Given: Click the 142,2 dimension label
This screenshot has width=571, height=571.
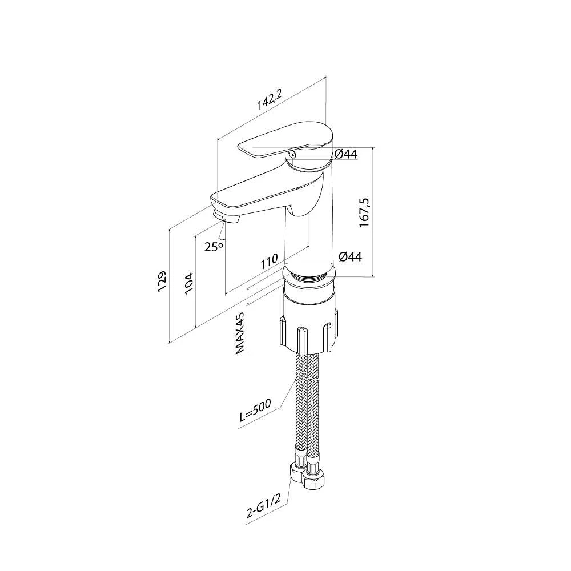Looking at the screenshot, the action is pyautogui.click(x=270, y=99).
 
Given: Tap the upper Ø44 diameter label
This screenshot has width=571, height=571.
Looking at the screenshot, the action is pyautogui.click(x=346, y=154).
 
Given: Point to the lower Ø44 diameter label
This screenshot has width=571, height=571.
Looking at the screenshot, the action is pyautogui.click(x=351, y=257).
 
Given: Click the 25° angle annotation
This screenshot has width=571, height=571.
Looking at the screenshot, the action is pyautogui.click(x=214, y=247).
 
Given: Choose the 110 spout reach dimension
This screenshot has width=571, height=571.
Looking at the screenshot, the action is pyautogui.click(x=269, y=261).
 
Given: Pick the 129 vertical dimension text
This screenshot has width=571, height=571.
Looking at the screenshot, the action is pyautogui.click(x=162, y=281).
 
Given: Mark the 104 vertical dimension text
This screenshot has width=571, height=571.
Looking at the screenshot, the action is pyautogui.click(x=190, y=283).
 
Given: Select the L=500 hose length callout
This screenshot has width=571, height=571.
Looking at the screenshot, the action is pyautogui.click(x=256, y=411).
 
